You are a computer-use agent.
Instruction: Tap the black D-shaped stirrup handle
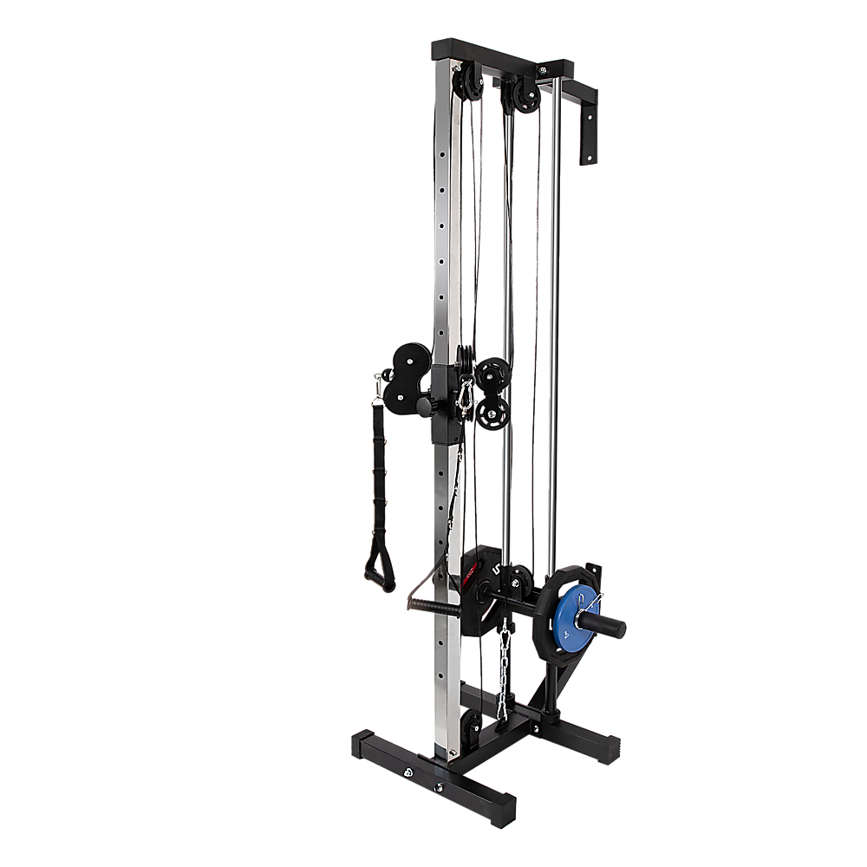pos(378,568)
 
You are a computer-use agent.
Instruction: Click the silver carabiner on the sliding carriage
pos(467,394)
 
